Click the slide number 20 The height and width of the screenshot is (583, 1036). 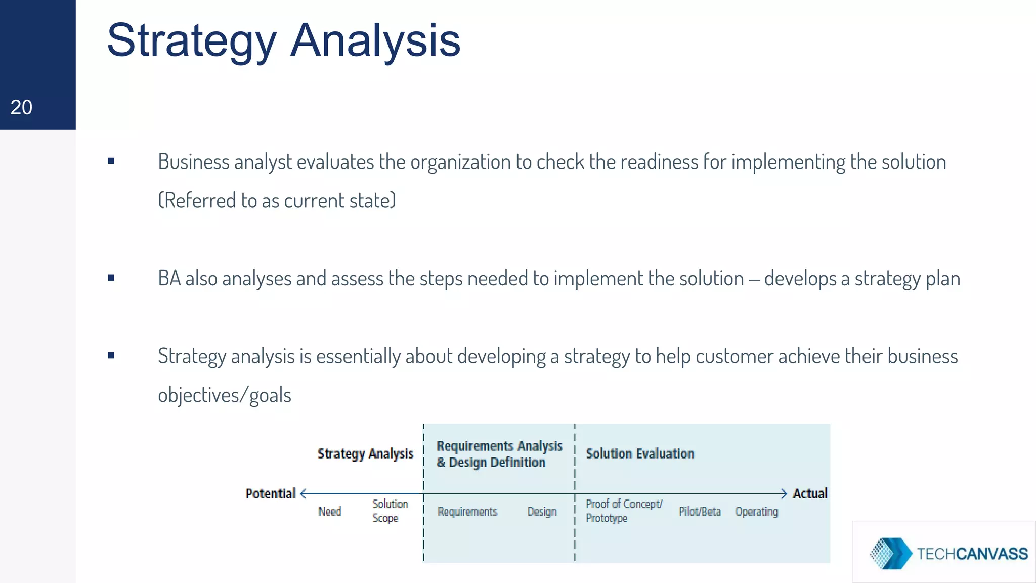21,107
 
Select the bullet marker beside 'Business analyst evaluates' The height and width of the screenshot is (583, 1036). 111,161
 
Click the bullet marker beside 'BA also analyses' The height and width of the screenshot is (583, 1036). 111,278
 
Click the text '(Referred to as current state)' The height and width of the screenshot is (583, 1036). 277,200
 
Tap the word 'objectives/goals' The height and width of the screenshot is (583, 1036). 225,395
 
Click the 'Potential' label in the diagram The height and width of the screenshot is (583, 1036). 270,493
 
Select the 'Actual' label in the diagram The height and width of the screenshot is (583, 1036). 810,493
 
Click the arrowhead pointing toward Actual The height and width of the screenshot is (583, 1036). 784,493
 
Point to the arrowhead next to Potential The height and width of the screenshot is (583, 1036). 304,493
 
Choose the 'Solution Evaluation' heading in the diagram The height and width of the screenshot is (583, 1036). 640,453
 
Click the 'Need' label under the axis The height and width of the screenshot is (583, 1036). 330,512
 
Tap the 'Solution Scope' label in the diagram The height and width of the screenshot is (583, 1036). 390,511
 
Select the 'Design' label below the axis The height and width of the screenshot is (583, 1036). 542,512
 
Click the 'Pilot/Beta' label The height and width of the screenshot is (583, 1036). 700,512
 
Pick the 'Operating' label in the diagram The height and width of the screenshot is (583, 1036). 756,512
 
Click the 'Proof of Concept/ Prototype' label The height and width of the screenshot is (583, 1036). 623,511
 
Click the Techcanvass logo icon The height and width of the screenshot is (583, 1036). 890,553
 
